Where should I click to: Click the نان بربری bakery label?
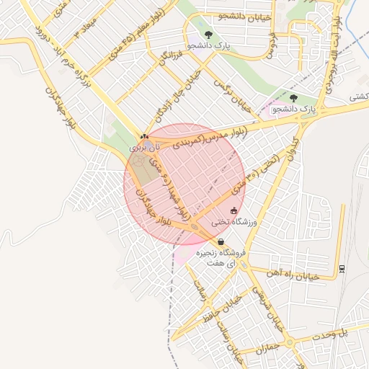coord(143,146)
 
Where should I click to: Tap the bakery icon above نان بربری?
coord(144,135)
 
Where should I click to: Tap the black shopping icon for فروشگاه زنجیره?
coord(221,242)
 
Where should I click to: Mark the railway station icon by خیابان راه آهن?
coord(342,270)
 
